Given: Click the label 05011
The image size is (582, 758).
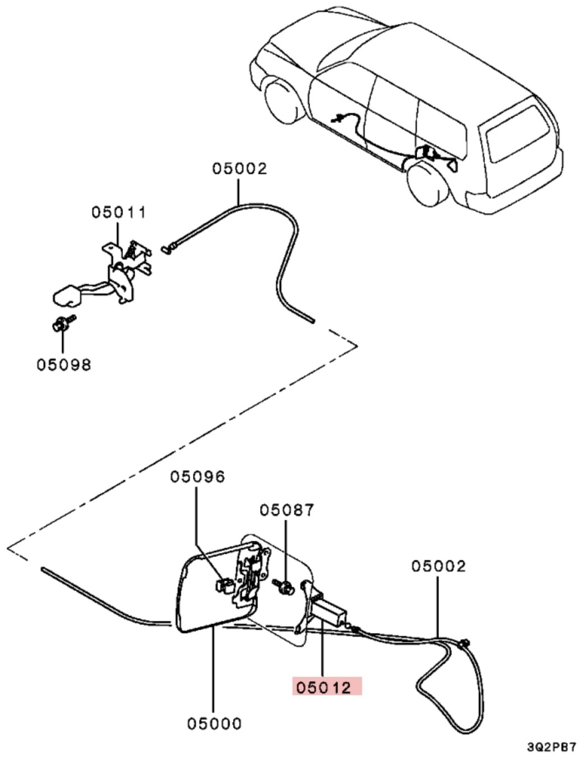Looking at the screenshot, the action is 118,212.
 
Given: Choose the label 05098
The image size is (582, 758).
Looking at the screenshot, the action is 64,365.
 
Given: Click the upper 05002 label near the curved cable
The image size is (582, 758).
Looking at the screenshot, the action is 240,169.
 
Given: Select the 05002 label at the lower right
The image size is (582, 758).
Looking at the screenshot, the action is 438,566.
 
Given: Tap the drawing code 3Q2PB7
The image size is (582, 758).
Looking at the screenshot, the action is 552,747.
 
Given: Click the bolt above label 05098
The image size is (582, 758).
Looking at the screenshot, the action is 63,323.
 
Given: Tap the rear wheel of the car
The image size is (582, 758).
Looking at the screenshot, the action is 427,185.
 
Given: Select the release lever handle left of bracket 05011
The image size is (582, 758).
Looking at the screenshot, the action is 67,296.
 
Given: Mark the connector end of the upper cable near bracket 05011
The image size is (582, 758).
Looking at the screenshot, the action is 169,249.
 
